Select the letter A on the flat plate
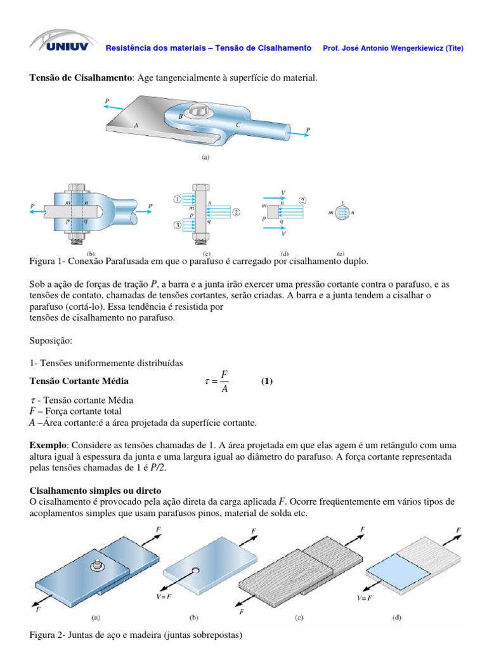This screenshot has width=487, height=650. pos(136,126)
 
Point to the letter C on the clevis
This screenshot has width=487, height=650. pos(238,125)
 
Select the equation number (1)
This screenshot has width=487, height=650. pos(266,381)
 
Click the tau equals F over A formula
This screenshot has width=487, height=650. pos(216,381)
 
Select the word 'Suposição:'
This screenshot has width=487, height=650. pos(51,341)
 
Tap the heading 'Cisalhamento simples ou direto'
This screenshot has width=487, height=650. pos(96,490)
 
